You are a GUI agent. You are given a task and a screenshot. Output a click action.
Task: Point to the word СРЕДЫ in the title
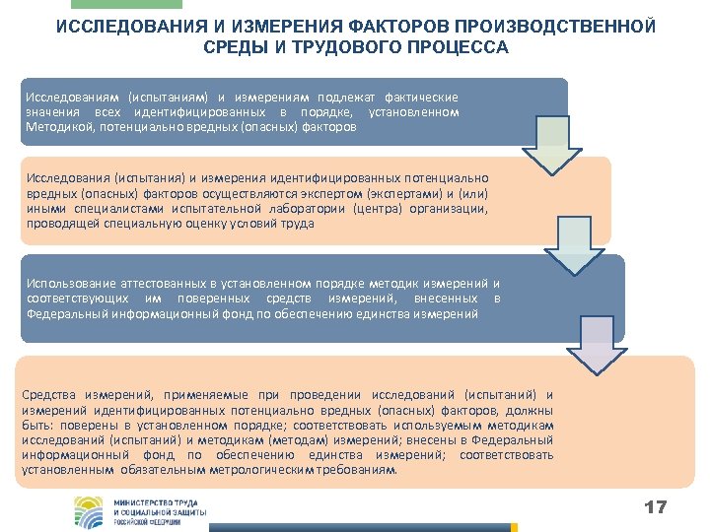tap(229, 47)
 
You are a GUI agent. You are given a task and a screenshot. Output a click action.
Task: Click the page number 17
tap(655, 507)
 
